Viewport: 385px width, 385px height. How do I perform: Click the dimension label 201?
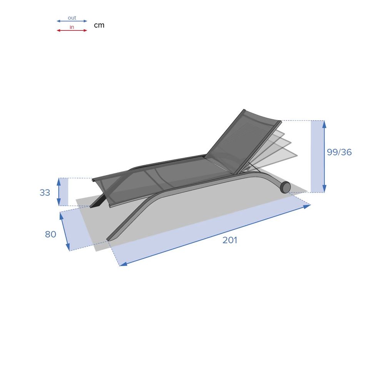tap(230, 240)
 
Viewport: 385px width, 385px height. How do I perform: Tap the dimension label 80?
tap(50, 234)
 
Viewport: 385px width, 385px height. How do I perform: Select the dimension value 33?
tap(45, 192)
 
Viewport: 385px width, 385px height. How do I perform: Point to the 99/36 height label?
tap(339, 152)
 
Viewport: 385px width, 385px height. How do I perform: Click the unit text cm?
tap(99, 25)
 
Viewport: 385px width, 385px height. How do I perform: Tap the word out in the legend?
tap(72, 18)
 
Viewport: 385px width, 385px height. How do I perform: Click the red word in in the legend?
tap(72, 27)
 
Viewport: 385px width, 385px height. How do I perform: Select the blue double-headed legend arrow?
tap(72, 21)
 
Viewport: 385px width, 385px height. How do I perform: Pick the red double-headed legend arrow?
tap(72, 30)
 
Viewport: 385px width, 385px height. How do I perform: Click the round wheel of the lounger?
tap(285, 187)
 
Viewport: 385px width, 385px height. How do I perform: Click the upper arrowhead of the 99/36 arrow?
tap(324, 124)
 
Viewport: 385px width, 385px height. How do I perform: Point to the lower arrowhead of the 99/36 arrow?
tap(324, 189)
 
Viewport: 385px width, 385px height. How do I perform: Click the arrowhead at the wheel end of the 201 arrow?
tap(307, 206)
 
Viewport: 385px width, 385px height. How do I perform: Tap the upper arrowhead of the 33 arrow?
tap(59, 181)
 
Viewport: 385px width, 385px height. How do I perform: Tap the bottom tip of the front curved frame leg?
tap(109, 239)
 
